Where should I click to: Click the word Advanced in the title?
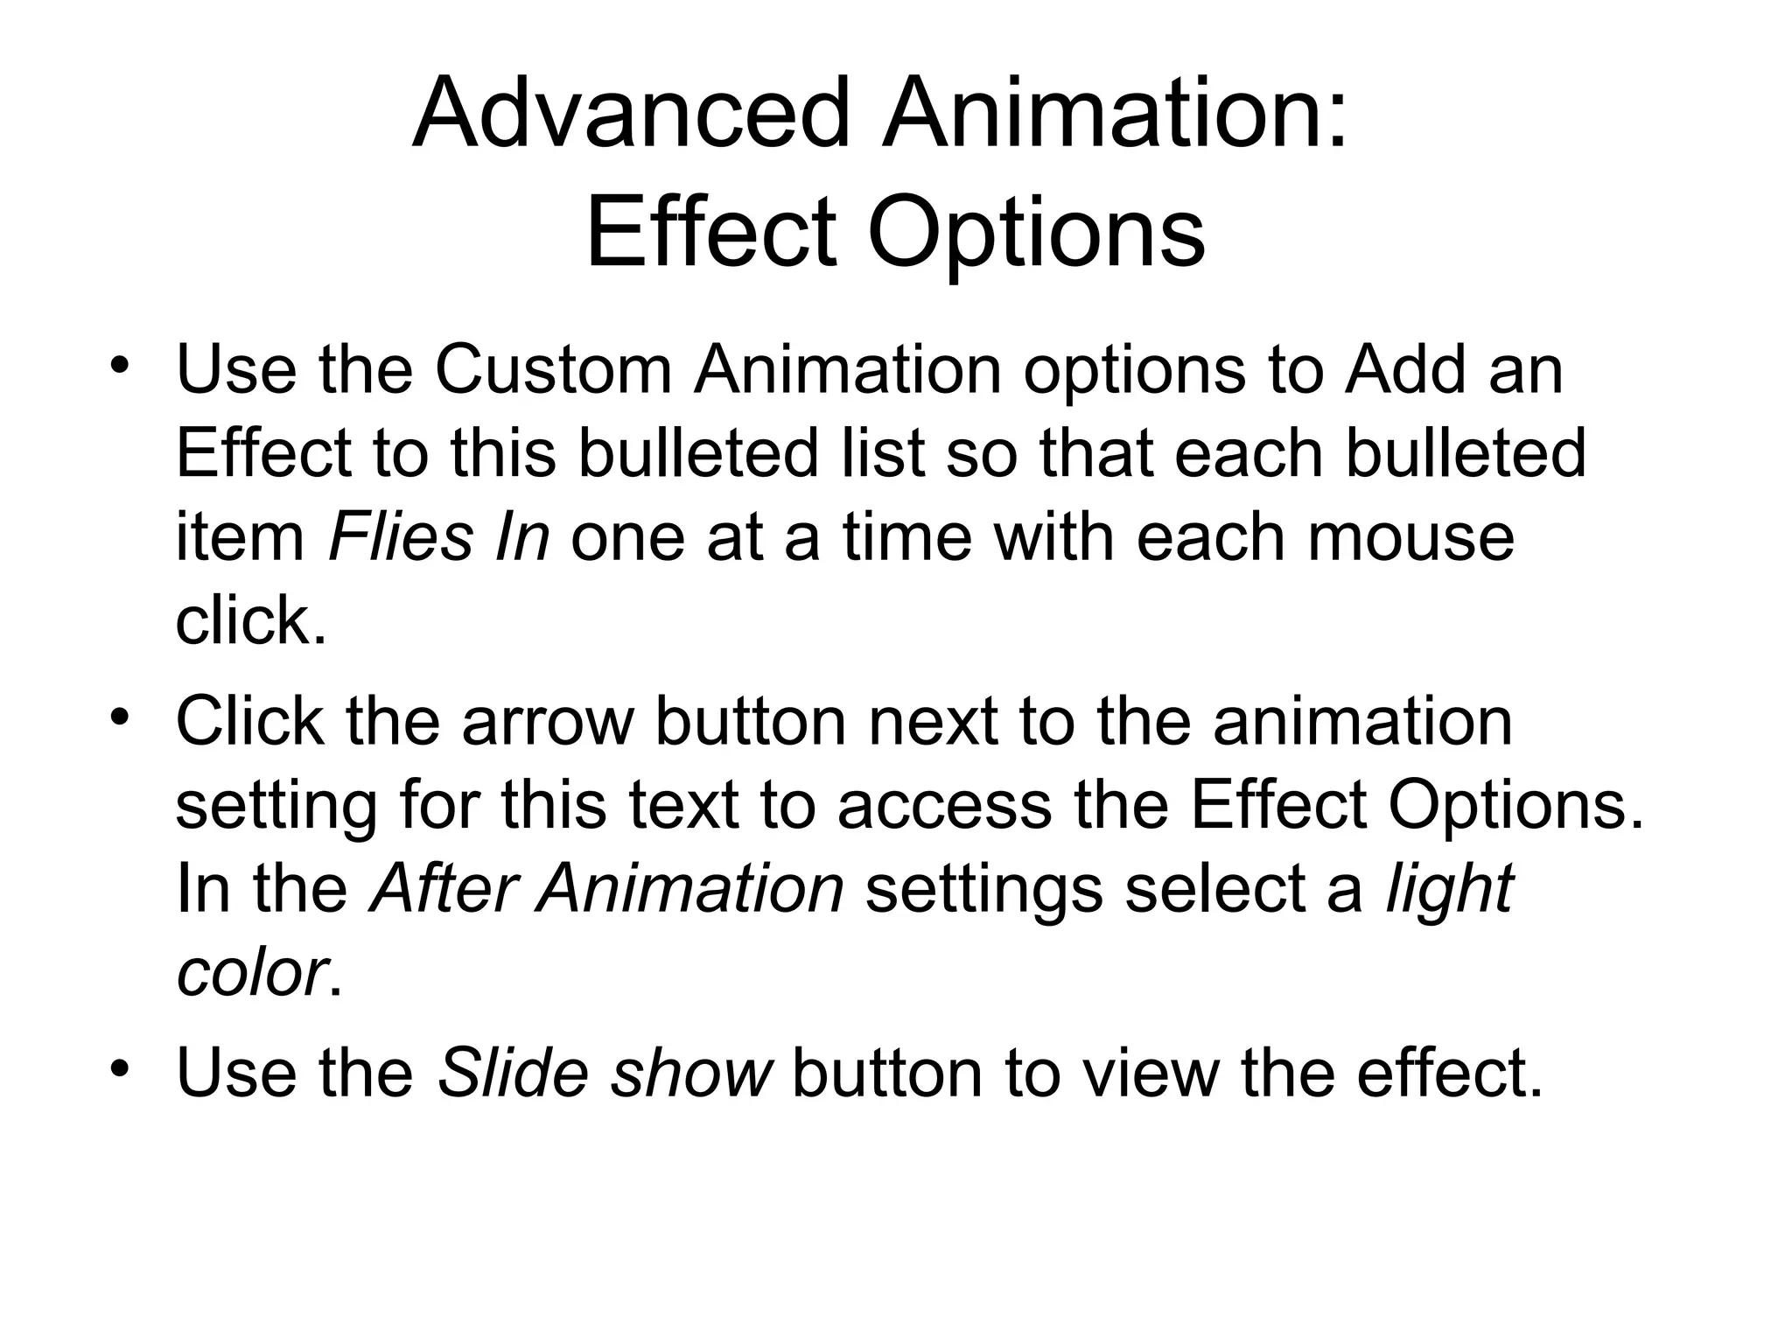coord(630,114)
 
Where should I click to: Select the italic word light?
coord(1450,891)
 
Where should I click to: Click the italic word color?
coord(251,973)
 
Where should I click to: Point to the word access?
coord(945,805)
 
